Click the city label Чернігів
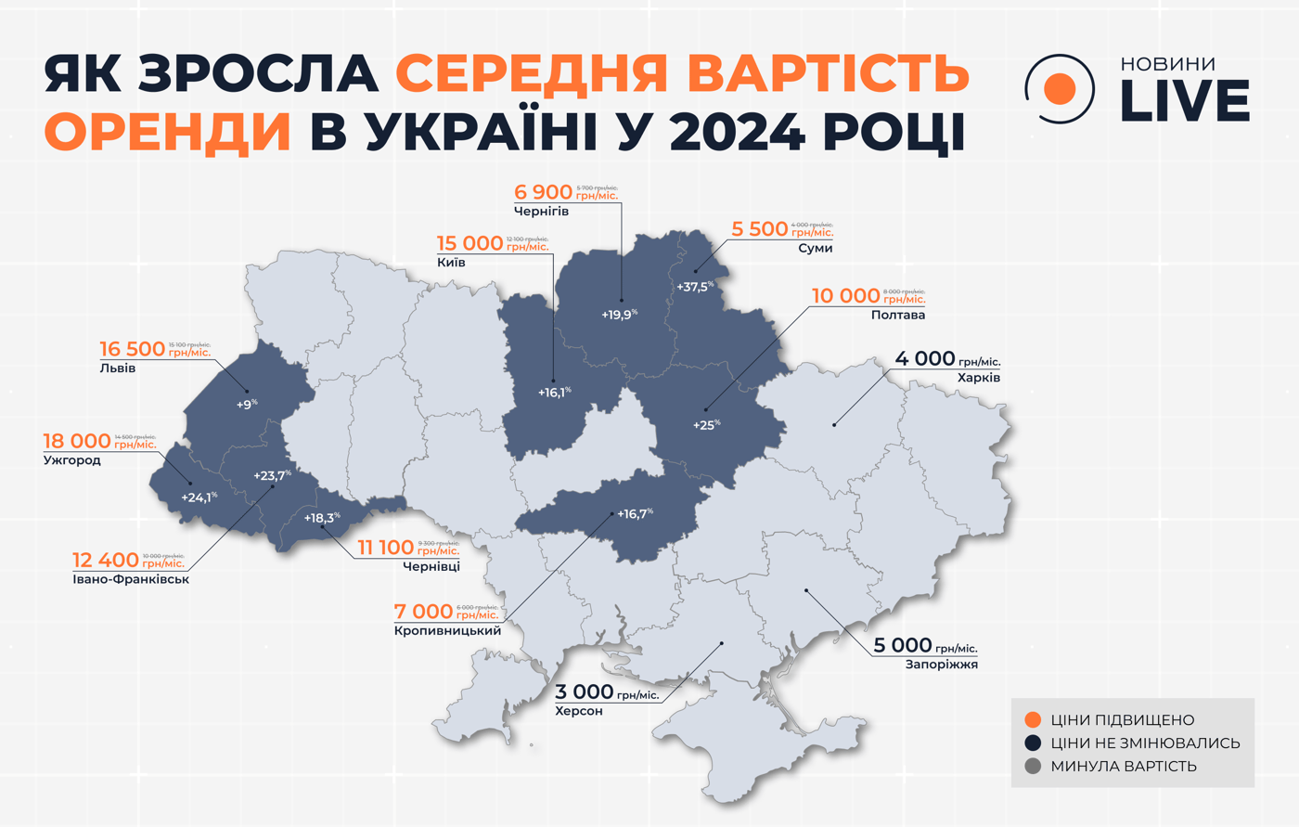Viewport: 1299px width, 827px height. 541,212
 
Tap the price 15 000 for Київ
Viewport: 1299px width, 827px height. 469,244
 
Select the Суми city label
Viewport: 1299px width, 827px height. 815,249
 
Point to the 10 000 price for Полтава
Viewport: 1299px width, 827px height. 845,296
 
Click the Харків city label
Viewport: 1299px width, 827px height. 979,379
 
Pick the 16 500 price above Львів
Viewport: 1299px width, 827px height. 133,350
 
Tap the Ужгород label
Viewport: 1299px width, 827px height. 71,460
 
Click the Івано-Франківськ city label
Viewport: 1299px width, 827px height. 131,580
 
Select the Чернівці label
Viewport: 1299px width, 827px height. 431,567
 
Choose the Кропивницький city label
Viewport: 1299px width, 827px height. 447,631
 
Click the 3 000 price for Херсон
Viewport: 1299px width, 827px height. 585,692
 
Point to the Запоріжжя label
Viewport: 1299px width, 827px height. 941,665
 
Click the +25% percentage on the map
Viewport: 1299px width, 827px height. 706,425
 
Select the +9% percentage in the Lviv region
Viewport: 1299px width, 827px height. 246,405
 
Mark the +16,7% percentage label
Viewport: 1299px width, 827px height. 635,513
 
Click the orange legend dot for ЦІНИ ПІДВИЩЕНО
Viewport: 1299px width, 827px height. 1032,720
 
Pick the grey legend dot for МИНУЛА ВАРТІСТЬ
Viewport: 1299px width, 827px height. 1032,767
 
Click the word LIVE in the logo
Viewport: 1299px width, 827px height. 1185,102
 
